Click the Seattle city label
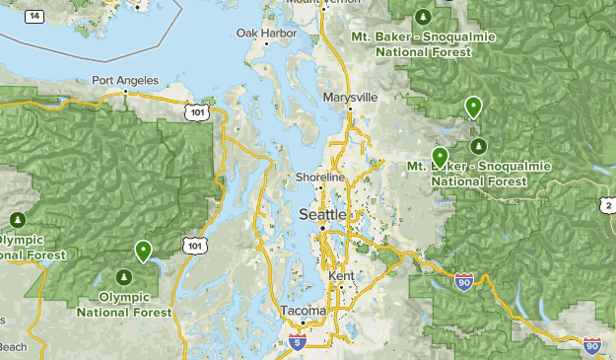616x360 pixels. [x=322, y=214]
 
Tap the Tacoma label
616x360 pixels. [x=303, y=311]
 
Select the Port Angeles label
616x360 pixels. [x=125, y=80]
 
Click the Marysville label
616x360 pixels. [x=350, y=98]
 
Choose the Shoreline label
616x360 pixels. [x=320, y=177]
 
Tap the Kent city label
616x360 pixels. [x=341, y=276]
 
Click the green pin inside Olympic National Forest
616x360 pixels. [x=144, y=251]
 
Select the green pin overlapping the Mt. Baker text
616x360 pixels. [x=440, y=156]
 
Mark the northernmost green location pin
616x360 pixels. [x=474, y=106]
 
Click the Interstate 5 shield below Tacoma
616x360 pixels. [x=298, y=342]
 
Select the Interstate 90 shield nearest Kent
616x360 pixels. [x=464, y=283]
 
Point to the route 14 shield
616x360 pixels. [x=35, y=17]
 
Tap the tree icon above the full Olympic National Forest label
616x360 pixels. [x=124, y=276]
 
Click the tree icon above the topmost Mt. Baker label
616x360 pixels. [x=423, y=17]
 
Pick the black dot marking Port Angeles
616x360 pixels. [x=125, y=92]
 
